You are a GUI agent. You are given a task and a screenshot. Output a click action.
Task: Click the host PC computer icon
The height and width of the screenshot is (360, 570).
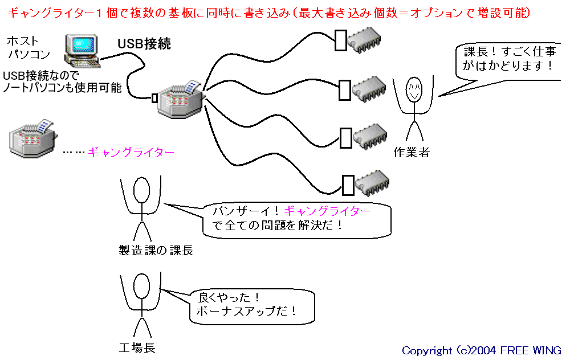(82, 51)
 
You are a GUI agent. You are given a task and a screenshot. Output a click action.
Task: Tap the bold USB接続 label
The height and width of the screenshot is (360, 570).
(144, 44)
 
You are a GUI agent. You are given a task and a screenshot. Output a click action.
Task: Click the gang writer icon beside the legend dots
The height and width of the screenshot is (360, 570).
(32, 138)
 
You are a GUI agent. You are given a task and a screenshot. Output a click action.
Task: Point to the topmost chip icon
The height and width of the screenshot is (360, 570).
(364, 40)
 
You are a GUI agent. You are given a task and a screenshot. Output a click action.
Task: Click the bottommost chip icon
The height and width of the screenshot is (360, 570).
(372, 183)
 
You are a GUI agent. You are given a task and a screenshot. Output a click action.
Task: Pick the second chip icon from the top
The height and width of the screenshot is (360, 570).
(369, 89)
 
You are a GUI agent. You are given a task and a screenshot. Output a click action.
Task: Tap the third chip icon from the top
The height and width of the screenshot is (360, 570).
(370, 137)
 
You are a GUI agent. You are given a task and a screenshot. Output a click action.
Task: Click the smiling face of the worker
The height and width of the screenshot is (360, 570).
(414, 89)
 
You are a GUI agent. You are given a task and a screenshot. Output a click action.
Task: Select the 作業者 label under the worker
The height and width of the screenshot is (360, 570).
(412, 152)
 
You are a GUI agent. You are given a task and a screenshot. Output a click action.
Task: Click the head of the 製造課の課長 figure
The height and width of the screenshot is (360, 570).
(141, 190)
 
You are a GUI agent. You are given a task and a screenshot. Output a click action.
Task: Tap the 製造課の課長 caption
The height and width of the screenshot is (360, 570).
(156, 250)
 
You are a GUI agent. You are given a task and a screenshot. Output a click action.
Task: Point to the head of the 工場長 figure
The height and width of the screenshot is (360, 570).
(141, 287)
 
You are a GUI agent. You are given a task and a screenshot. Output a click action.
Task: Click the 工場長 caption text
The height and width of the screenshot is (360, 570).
(137, 347)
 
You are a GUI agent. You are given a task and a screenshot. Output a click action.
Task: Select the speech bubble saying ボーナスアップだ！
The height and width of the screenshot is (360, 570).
(252, 306)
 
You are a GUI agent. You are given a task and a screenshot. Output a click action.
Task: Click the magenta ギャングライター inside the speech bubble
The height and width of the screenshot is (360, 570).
(327, 211)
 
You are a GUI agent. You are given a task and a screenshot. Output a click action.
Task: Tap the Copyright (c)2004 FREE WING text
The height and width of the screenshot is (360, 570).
(481, 350)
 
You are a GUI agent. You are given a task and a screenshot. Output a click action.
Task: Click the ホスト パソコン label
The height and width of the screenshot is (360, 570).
(28, 47)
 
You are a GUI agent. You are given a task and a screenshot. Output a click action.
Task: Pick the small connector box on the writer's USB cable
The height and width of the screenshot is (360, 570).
(154, 98)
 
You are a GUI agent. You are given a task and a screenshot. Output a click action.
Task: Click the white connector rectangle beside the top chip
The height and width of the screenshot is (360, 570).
(341, 40)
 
